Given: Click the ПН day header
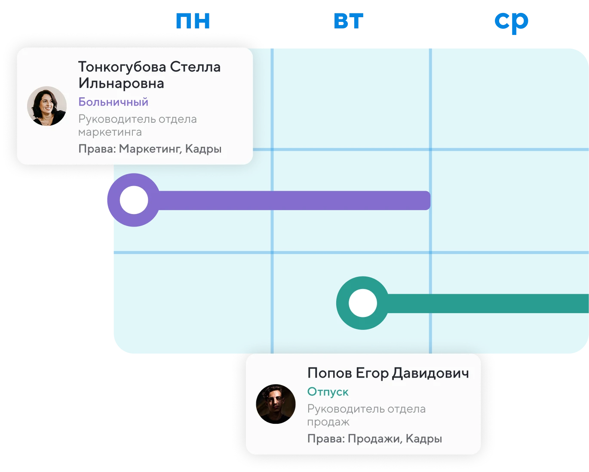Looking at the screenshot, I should (193, 21).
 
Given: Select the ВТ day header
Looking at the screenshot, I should (349, 21).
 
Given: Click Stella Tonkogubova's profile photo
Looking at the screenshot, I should (47, 106).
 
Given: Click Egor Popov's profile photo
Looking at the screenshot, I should (276, 404).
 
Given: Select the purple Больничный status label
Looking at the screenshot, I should (113, 102).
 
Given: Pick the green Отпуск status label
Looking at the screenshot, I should (328, 392).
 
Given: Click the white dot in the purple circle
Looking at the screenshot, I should (134, 200).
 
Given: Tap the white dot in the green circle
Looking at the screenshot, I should (363, 303).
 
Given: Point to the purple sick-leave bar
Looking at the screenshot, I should (292, 200).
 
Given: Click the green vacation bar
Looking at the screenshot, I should (486, 303).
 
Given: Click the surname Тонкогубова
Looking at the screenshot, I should (122, 67).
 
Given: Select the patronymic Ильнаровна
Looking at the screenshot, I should (121, 83).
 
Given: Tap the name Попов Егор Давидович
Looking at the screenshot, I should (388, 373).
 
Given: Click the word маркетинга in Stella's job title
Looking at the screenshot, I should (110, 132).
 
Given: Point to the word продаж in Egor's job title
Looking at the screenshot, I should (328, 422).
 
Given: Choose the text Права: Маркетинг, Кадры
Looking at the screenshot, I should (150, 149).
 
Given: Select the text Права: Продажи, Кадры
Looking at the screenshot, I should (374, 439).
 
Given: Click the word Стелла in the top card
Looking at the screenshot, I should (195, 67).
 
